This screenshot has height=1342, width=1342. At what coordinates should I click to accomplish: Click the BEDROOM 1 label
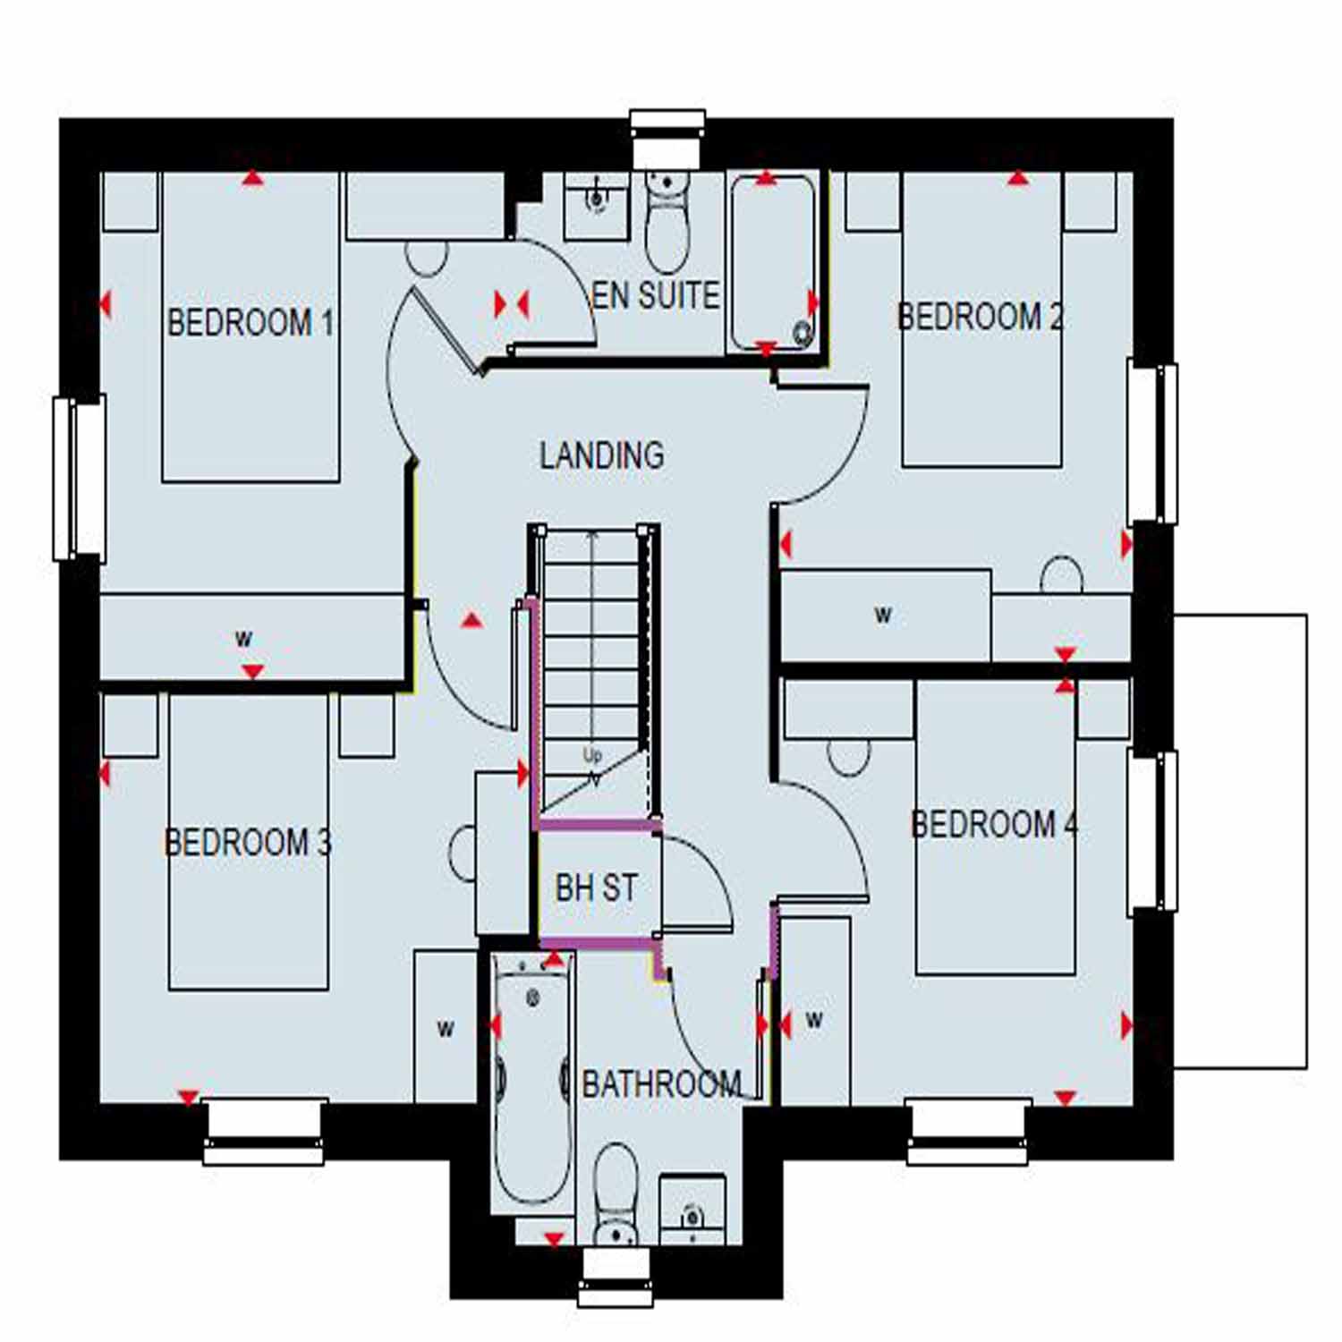(251, 322)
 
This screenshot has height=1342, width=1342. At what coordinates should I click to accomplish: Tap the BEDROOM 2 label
(980, 316)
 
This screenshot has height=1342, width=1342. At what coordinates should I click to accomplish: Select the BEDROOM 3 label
(248, 842)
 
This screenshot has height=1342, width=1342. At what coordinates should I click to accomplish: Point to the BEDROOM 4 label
(994, 824)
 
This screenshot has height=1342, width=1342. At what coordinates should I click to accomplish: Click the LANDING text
(602, 455)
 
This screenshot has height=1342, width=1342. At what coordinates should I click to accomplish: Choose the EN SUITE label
(656, 295)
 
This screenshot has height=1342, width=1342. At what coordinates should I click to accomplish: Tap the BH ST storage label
(596, 888)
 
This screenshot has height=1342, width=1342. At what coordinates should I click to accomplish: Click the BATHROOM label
(662, 1084)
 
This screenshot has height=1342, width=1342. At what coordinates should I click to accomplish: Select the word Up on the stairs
(592, 756)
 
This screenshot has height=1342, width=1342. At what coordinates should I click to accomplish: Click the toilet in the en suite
(667, 221)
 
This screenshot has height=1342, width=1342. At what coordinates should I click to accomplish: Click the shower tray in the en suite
(773, 262)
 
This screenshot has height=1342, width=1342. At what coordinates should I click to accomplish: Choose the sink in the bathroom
(692, 1210)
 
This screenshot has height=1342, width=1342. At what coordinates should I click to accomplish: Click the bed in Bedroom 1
(251, 327)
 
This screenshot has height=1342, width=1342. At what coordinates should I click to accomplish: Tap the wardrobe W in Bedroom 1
(252, 636)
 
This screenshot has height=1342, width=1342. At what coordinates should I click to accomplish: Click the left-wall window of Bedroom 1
(80, 479)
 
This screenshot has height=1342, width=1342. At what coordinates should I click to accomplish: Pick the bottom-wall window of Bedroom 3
(264, 1132)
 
